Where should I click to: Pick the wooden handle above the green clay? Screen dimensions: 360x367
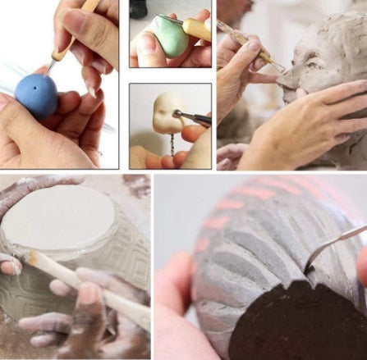click(197, 29)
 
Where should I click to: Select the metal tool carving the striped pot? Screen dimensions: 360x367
click(333, 246)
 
